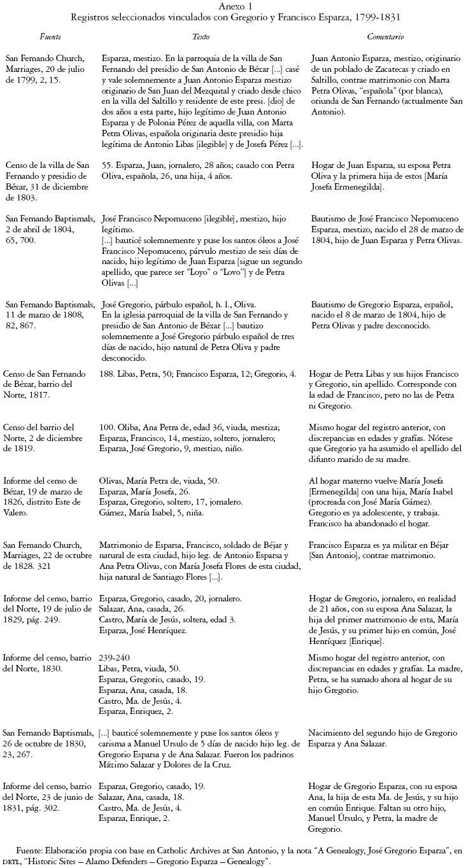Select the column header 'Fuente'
coord(50,38)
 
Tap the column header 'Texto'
coord(201,38)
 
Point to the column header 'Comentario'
coord(386,38)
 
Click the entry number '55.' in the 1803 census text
coord(107,165)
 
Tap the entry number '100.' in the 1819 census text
coord(108,426)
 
